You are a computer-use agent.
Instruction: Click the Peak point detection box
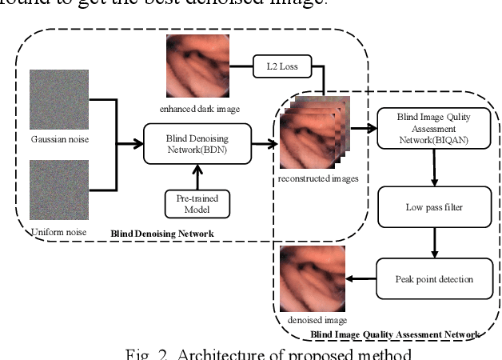(x=431, y=279)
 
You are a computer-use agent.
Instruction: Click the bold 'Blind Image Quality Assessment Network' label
(x=395, y=333)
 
